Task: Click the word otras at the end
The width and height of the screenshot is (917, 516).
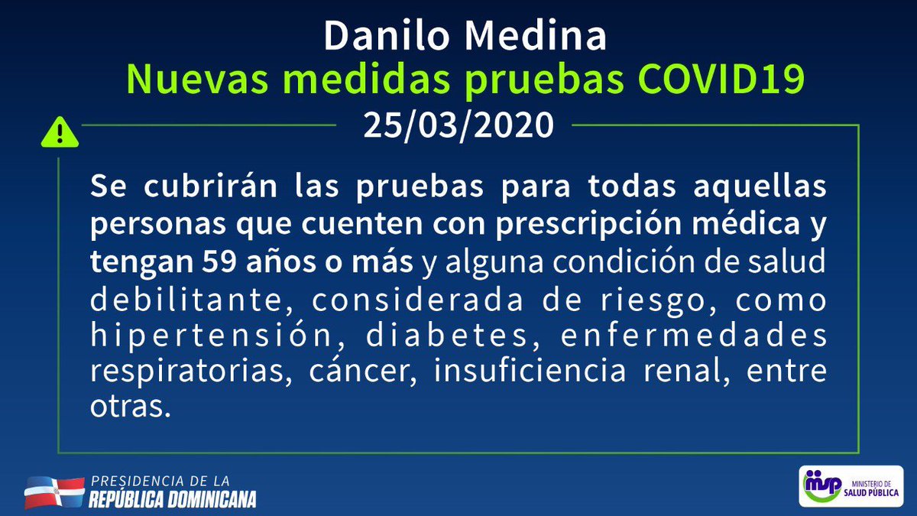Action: click(x=128, y=408)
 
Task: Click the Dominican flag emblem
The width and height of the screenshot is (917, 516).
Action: click(x=53, y=492)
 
